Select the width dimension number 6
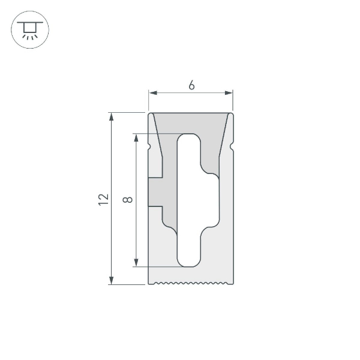(x=191, y=86)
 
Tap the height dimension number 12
(x=103, y=199)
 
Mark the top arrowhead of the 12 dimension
(x=112, y=116)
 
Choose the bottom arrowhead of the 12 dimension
(x=112, y=280)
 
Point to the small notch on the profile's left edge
(x=149, y=146)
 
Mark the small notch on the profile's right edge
(x=232, y=146)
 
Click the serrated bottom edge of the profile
(x=191, y=283)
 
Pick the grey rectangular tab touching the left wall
(x=156, y=191)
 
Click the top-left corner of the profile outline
(x=149, y=113)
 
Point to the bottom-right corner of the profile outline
(x=233, y=283)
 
